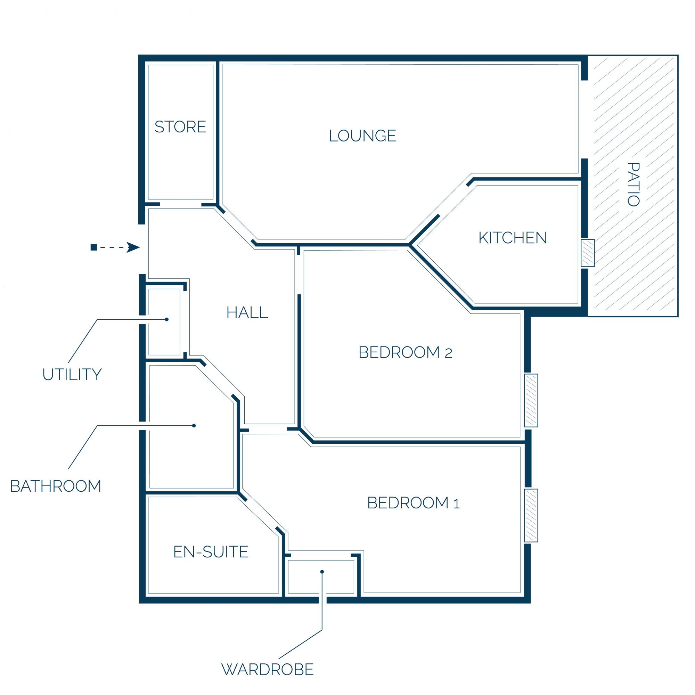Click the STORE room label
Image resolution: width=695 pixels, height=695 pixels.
(180, 126)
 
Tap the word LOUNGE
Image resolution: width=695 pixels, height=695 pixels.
(362, 136)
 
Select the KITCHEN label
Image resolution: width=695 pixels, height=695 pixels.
(513, 238)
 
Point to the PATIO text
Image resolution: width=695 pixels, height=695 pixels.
(633, 185)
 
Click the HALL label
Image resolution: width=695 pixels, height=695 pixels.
(247, 312)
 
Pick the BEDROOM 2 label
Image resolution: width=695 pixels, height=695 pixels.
(406, 352)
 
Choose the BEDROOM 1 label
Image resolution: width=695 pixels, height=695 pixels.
(413, 503)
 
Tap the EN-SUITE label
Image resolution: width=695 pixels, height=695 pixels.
(211, 552)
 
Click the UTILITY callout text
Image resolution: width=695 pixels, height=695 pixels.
(72, 375)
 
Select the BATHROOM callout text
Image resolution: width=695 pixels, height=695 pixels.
(56, 486)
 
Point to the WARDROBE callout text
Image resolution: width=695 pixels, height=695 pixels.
(268, 670)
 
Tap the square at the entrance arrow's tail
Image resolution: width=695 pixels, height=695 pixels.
(94, 247)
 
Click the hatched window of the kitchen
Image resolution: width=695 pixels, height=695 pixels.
(588, 253)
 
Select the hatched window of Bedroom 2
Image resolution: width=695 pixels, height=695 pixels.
(531, 400)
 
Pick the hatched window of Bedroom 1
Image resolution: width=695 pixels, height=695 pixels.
(531, 515)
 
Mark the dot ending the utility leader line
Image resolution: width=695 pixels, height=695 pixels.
(167, 319)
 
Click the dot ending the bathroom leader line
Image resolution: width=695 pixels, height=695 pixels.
(194, 426)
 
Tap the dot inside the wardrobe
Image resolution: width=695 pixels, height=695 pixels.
(322, 572)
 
